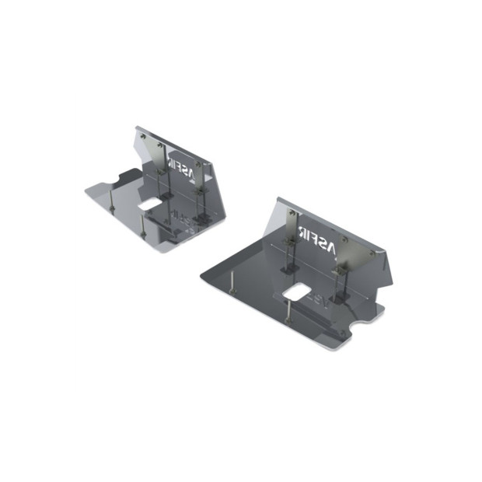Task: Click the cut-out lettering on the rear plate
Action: tap(183, 166)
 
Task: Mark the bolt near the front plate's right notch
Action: tap(342, 333)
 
